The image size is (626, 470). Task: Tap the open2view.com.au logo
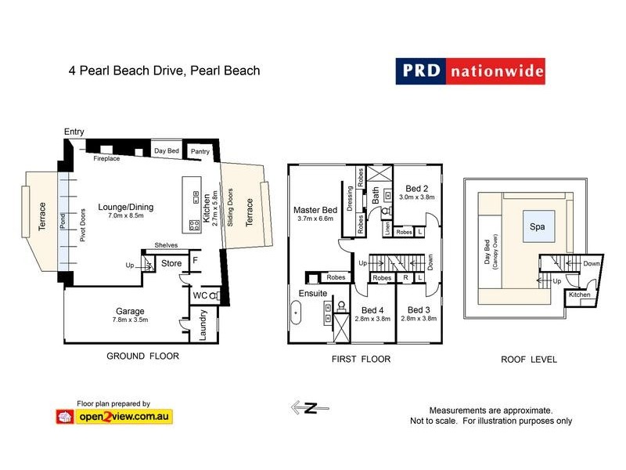(x=113, y=416)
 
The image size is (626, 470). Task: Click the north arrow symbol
(x=308, y=407)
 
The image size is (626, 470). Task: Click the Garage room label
(x=130, y=311)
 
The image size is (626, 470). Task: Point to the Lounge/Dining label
(x=126, y=208)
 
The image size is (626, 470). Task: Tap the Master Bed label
(x=315, y=210)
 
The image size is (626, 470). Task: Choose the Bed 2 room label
(x=416, y=188)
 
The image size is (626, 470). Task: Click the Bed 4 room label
(x=372, y=309)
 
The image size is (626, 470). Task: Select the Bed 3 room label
(x=420, y=309)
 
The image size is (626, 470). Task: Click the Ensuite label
(x=312, y=294)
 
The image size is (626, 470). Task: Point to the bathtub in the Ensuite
(x=295, y=317)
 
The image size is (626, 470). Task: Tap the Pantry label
(x=201, y=150)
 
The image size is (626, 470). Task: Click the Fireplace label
(x=106, y=158)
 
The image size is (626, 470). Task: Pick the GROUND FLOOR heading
(x=142, y=356)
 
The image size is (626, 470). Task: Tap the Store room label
(x=171, y=264)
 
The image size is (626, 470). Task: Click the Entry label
(x=74, y=132)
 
